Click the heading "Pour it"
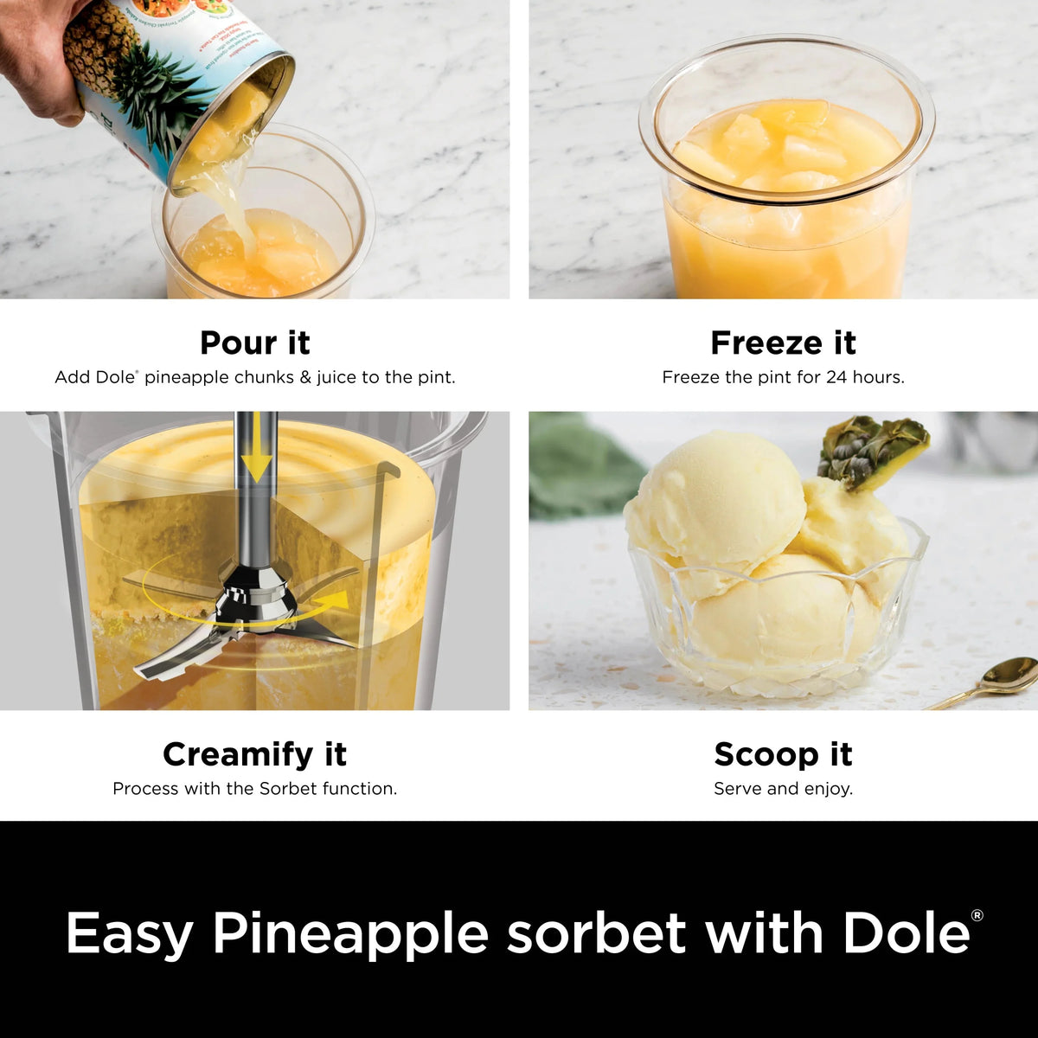tap(255, 343)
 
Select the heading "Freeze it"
tap(783, 343)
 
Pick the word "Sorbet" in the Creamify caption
tap(288, 789)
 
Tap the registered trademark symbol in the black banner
tap(977, 915)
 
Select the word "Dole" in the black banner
tap(906, 932)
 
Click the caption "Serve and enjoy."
tap(783, 789)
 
